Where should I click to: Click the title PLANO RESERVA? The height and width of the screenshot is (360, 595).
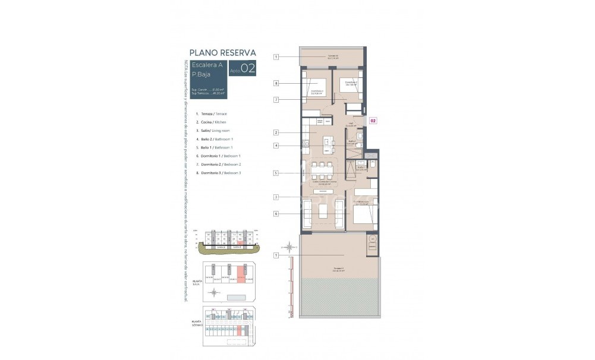click(222, 52)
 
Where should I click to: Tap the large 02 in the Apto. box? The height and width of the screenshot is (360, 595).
click(248, 69)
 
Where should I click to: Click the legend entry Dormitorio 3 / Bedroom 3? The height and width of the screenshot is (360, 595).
click(221, 172)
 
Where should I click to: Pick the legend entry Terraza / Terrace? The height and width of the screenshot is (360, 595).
click(214, 113)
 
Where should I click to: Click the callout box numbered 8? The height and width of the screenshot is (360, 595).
click(276, 83)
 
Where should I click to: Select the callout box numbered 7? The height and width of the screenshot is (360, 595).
click(276, 100)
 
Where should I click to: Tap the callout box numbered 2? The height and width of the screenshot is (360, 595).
click(276, 132)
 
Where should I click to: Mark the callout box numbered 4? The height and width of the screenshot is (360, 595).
click(276, 146)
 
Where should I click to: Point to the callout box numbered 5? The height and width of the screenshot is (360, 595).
click(276, 173)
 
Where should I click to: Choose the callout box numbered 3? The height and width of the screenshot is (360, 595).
click(276, 197)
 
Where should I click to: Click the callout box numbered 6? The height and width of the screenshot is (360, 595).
click(276, 214)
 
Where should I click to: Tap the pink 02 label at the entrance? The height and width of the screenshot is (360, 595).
click(373, 121)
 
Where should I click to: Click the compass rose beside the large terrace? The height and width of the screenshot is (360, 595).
click(288, 247)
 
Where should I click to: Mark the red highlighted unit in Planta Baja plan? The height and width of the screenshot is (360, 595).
click(241, 274)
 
